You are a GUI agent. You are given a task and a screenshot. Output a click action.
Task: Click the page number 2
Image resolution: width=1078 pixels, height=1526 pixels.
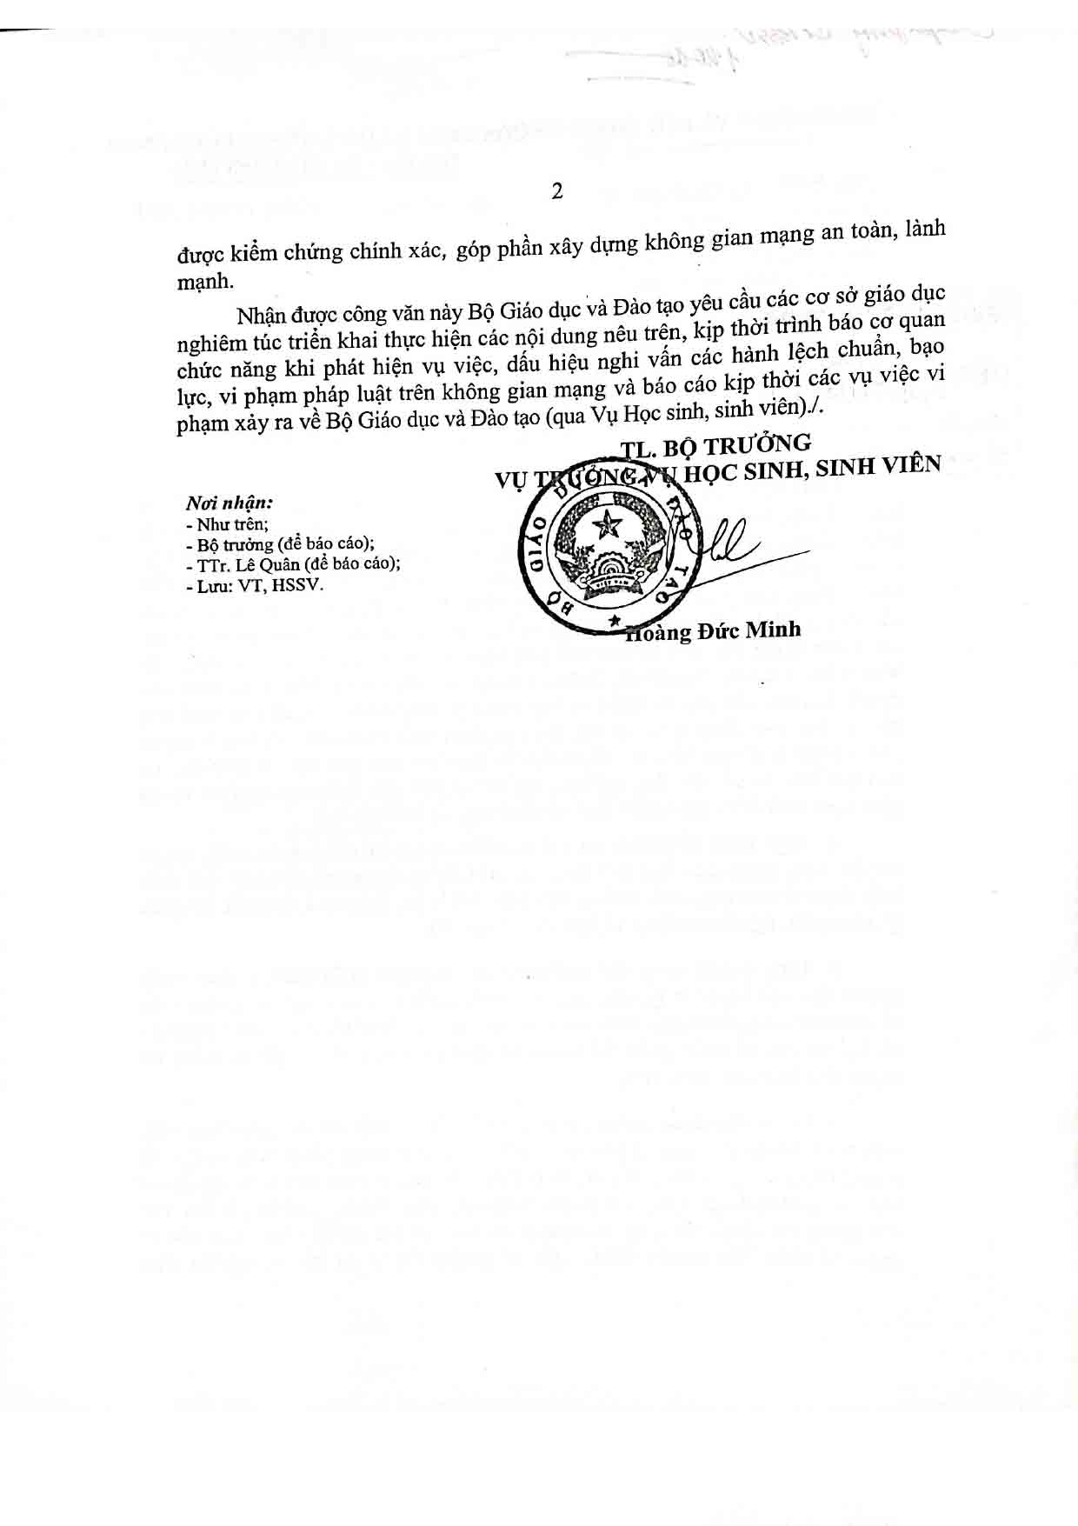coord(556,191)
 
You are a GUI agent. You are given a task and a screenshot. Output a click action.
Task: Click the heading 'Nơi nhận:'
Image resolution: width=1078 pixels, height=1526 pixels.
coord(230,503)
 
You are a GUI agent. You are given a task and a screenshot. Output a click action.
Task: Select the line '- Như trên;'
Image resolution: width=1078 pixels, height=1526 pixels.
coord(227,524)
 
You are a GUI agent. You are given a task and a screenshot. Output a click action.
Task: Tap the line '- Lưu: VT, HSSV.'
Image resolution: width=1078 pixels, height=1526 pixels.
coord(254,585)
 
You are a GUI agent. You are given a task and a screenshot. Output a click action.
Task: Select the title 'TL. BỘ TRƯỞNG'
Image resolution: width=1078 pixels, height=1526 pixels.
coord(715,444)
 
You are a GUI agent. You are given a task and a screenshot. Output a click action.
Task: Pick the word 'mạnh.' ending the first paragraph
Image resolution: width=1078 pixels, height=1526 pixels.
coord(205,281)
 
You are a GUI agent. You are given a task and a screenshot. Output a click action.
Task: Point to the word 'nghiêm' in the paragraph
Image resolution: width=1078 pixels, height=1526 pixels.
coord(210,341)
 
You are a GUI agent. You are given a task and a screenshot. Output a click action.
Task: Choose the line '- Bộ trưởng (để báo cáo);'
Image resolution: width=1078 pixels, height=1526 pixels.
coord(281,544)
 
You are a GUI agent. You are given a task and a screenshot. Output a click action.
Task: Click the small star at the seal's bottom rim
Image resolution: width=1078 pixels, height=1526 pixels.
coord(615,621)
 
